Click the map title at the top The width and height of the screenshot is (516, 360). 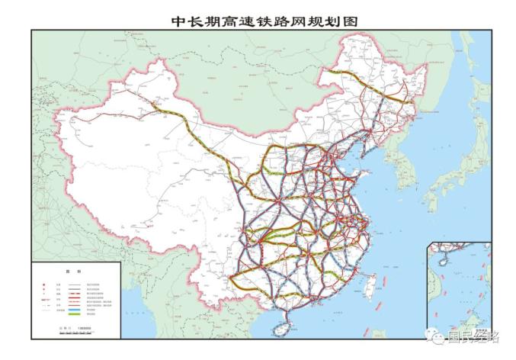pos(258,18)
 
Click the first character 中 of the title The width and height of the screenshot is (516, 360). pos(180,18)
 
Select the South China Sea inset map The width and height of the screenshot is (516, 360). pos(459,290)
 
